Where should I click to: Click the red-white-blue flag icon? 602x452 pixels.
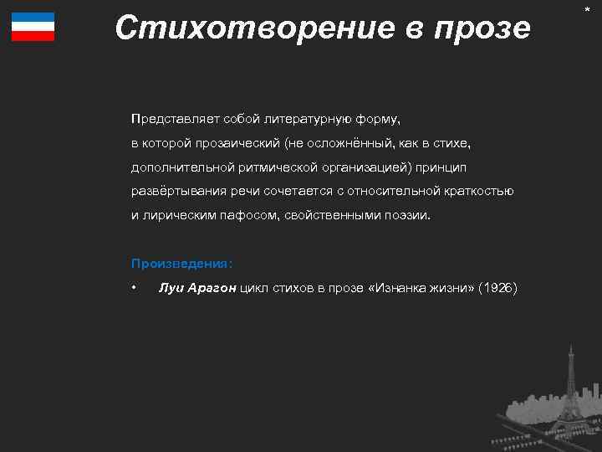pyautogui.click(x=33, y=27)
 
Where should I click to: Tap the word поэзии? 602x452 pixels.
pyautogui.click(x=410, y=215)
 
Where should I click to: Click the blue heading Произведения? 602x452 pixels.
pyautogui.click(x=181, y=263)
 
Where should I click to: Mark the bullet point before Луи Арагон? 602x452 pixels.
pyautogui.click(x=134, y=289)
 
